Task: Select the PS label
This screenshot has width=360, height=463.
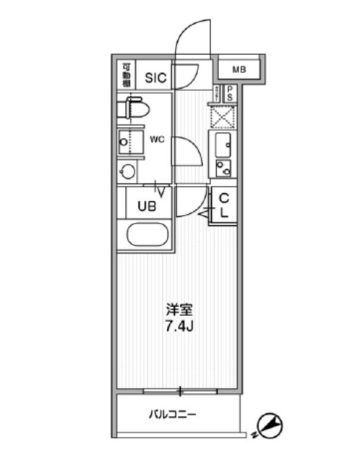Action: [x=229, y=93]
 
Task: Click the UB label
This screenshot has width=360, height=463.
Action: [x=147, y=205]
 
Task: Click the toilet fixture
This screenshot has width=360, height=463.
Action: [x=135, y=109]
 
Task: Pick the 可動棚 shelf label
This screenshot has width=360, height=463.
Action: [x=127, y=75]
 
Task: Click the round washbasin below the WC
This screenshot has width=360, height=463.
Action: [x=128, y=172]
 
